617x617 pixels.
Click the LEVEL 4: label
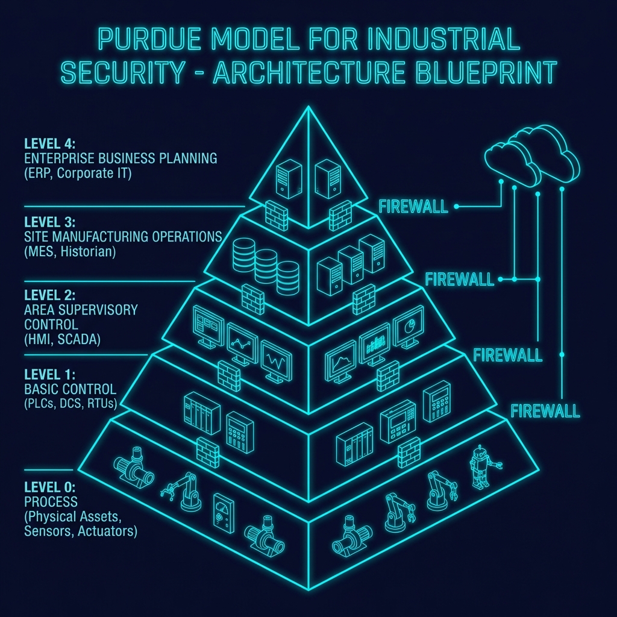coord(49,144)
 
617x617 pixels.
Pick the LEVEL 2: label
coord(49,296)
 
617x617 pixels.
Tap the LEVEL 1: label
coord(49,374)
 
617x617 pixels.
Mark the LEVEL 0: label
coord(49,487)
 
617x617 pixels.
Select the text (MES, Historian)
coord(69,252)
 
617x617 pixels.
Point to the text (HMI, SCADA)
coord(62,340)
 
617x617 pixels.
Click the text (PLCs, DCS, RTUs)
coord(70,402)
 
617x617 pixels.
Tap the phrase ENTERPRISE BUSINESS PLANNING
coord(121,159)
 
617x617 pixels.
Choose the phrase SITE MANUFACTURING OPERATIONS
coord(123,237)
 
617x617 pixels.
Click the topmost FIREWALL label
coord(413,207)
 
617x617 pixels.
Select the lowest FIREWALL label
coord(545,412)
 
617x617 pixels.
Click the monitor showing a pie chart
coord(407,327)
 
